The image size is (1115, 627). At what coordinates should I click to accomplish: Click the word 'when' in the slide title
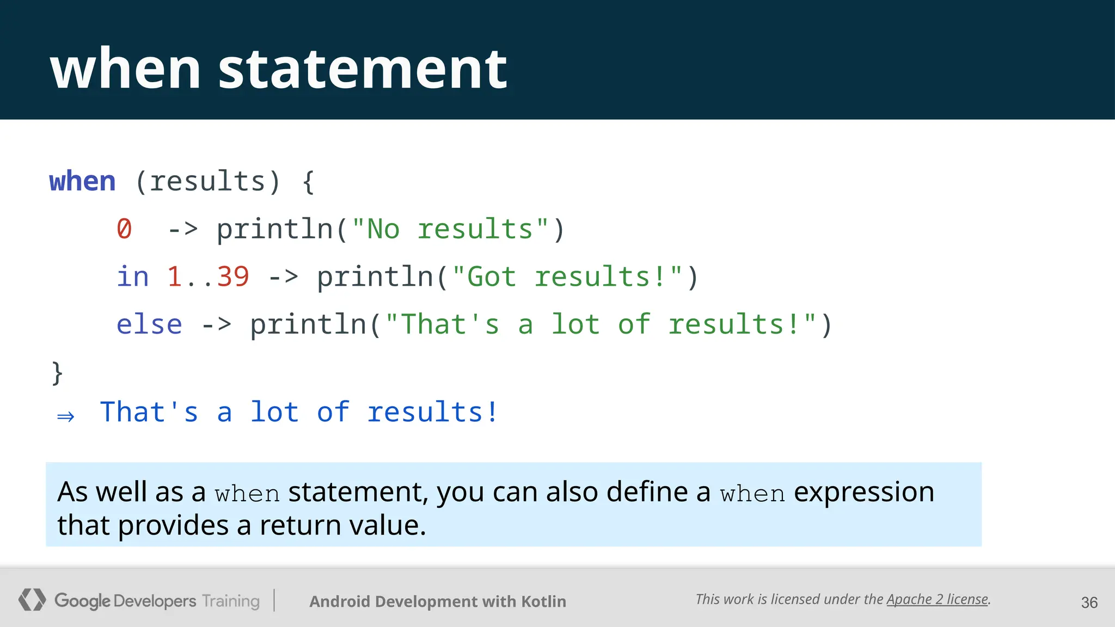(125, 69)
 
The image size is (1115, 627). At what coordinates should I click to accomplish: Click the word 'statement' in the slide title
(363, 69)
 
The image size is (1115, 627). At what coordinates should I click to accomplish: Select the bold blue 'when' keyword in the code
(82, 181)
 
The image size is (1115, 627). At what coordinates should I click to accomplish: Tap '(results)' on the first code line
(207, 181)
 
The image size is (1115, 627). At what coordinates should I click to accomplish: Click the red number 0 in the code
(124, 229)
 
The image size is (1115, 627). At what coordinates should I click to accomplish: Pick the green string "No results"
(450, 229)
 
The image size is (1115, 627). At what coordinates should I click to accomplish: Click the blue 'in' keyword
(132, 276)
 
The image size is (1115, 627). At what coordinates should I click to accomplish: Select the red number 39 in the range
(233, 276)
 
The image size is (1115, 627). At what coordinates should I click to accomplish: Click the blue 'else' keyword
(149, 324)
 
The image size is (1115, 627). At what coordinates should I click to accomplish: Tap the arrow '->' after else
(216, 325)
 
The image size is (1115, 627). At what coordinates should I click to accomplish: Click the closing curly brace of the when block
(57, 373)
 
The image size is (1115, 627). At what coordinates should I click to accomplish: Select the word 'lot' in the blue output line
(274, 411)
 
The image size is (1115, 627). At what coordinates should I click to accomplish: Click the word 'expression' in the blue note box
(864, 492)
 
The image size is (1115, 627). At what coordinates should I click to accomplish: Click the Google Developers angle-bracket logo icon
(32, 600)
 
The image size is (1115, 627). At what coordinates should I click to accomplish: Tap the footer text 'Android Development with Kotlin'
(438, 601)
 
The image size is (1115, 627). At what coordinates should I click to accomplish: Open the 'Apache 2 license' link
(937, 599)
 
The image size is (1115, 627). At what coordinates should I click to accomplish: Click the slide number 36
(1089, 603)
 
